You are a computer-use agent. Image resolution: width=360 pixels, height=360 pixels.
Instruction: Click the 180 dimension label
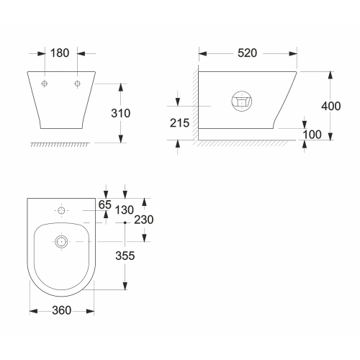(60, 53)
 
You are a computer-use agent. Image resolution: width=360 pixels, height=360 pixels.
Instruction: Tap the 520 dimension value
(247, 53)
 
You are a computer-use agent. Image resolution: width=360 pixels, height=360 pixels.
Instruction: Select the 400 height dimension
(331, 106)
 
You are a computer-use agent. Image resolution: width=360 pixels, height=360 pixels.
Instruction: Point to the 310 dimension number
(121, 113)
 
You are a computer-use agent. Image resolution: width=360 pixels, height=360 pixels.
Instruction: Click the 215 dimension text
(179, 123)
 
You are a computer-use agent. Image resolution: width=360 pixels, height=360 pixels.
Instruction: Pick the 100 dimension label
(312, 135)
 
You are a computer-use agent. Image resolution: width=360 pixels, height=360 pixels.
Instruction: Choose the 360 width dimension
(62, 310)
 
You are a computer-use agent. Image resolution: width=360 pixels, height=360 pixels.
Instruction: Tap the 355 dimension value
(125, 256)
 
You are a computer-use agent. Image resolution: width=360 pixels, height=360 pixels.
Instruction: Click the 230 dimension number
(144, 220)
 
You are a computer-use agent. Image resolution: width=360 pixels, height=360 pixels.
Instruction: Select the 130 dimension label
(124, 210)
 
